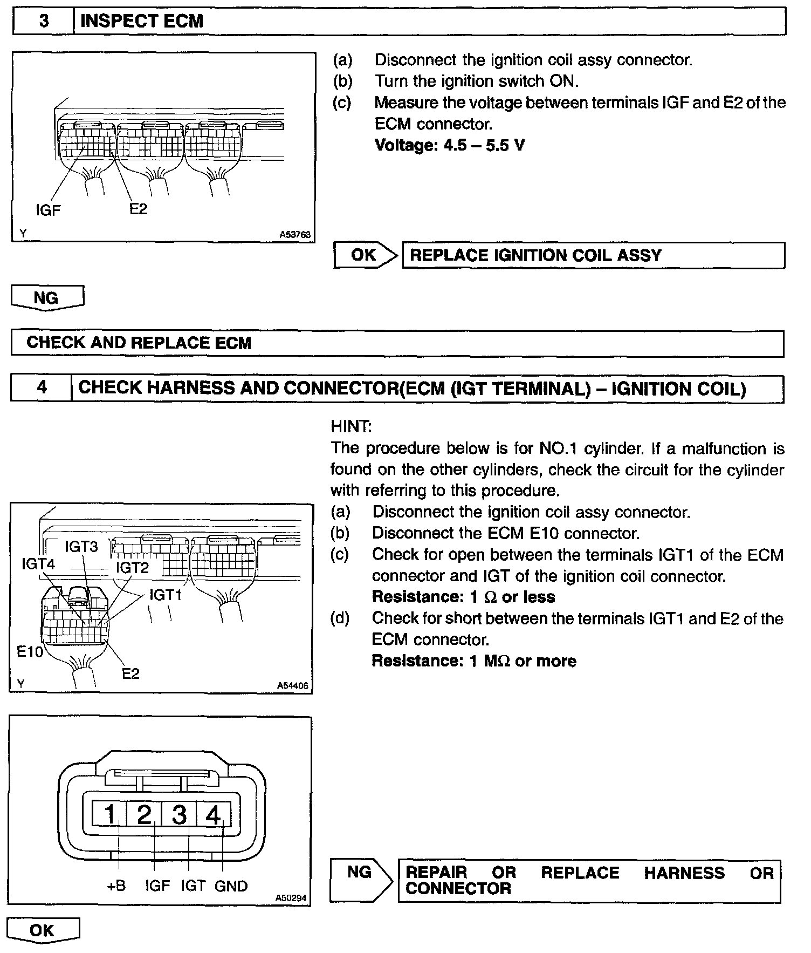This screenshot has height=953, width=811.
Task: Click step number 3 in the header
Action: (44, 21)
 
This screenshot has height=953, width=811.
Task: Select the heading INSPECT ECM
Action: (141, 21)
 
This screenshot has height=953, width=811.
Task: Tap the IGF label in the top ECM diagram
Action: (48, 210)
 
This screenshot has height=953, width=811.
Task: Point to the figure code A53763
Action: (295, 235)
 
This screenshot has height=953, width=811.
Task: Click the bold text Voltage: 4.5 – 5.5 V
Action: (450, 145)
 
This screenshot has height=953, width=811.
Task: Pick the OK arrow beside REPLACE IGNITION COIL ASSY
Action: (365, 255)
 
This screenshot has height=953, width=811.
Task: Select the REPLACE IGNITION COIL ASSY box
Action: (593, 255)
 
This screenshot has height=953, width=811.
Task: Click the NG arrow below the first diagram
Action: (47, 298)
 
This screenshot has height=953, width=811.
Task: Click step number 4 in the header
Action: (42, 388)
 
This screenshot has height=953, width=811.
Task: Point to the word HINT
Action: (350, 426)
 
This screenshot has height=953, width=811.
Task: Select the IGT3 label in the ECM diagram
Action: (81, 547)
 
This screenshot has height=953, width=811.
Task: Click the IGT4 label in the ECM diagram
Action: (38, 564)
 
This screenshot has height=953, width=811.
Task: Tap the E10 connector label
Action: (30, 651)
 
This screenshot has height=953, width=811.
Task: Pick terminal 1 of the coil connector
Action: (110, 814)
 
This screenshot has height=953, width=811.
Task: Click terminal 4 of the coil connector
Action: (214, 814)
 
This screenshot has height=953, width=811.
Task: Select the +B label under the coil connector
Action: (116, 886)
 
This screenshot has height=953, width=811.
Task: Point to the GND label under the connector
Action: (231, 886)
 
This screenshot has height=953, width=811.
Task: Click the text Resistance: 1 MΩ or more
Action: (474, 661)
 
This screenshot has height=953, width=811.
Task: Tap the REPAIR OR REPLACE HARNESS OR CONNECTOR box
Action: (589, 881)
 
